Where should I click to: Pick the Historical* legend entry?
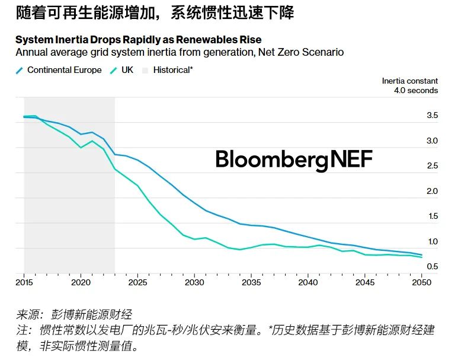pyautogui.click(x=172, y=70)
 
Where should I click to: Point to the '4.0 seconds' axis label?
pyautogui.click(x=416, y=91)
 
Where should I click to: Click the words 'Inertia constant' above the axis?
pyautogui.click(x=410, y=81)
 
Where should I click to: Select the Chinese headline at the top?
pyautogui.click(x=155, y=14)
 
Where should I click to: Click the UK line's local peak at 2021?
pyautogui.click(x=92, y=141)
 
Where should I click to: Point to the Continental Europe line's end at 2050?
pyautogui.click(x=421, y=255)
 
